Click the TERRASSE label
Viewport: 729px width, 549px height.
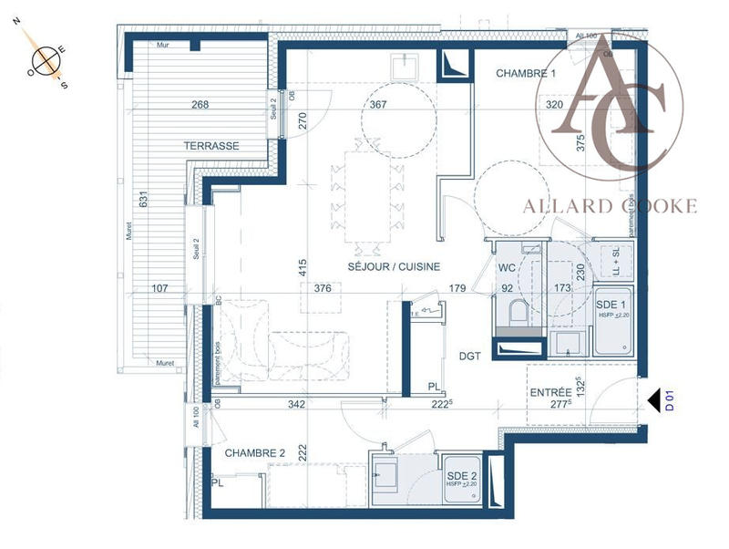(x=211, y=146)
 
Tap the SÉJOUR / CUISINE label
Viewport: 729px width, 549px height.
(x=394, y=267)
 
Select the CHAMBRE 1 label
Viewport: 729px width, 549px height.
(x=525, y=73)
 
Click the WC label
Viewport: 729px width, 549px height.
(x=508, y=268)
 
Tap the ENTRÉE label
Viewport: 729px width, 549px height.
(x=550, y=392)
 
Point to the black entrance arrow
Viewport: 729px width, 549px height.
(x=652, y=399)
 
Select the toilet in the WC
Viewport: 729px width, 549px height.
(x=518, y=313)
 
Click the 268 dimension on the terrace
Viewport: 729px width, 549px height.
(x=200, y=105)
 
